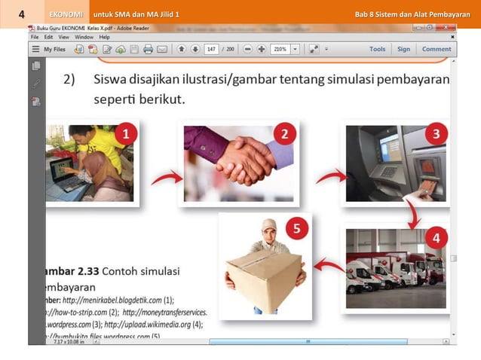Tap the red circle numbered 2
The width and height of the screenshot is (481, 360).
coord(283,135)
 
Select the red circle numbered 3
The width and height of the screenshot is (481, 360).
coord(436,136)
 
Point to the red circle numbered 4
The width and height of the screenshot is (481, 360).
coord(436,238)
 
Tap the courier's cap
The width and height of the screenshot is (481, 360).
coord(268,225)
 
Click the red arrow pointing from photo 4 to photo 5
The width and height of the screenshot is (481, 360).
coord(326,264)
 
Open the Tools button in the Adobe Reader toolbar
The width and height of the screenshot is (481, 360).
coord(377,49)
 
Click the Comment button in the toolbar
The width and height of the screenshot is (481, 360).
coord(437,49)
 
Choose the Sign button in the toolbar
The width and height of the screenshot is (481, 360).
coord(404,49)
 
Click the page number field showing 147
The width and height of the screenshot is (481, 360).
coord(211,49)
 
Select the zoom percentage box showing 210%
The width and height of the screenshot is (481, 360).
coord(280,49)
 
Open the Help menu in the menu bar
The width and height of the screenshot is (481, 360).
coord(104,36)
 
